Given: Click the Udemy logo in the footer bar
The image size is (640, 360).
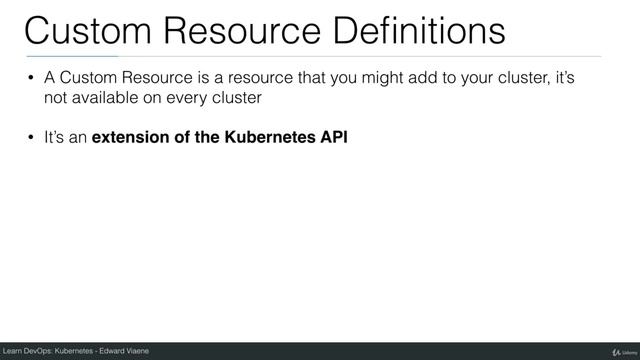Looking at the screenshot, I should coord(612,351).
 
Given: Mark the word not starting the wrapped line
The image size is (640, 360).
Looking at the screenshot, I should coord(55,99).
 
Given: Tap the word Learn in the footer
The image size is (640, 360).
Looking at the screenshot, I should coord(13,351).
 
